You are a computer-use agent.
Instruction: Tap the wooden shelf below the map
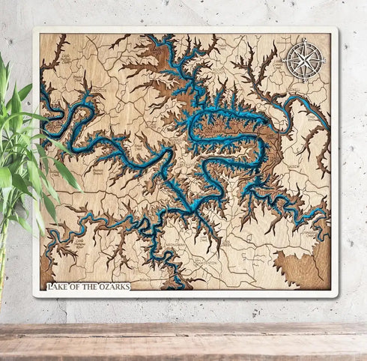pos(183,341)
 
